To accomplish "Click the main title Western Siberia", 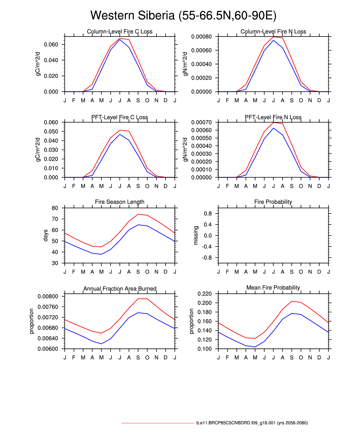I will point(183,16).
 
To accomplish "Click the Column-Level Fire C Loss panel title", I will point(120,32).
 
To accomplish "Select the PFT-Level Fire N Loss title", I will point(273,117).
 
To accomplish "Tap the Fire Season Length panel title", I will point(120,202).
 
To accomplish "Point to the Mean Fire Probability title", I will point(273,288).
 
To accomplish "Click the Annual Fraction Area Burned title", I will point(120,289).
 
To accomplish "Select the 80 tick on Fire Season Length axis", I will point(55,208).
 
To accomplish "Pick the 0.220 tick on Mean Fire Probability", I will point(205,294).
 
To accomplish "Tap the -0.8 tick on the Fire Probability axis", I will point(207,258).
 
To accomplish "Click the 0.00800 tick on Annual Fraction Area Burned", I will point(48,296).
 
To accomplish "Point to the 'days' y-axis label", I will point(46,236).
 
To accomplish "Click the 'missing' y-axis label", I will point(196,236).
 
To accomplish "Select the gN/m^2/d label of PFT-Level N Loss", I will point(185,150).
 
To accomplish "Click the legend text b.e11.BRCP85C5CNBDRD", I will point(252,423).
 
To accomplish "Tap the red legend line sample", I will point(158,423).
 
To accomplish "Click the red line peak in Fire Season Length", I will point(138,214).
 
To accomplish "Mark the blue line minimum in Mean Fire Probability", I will point(255,347).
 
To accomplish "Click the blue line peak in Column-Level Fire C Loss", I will point(120,39).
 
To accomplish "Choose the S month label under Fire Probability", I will point(292,272).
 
